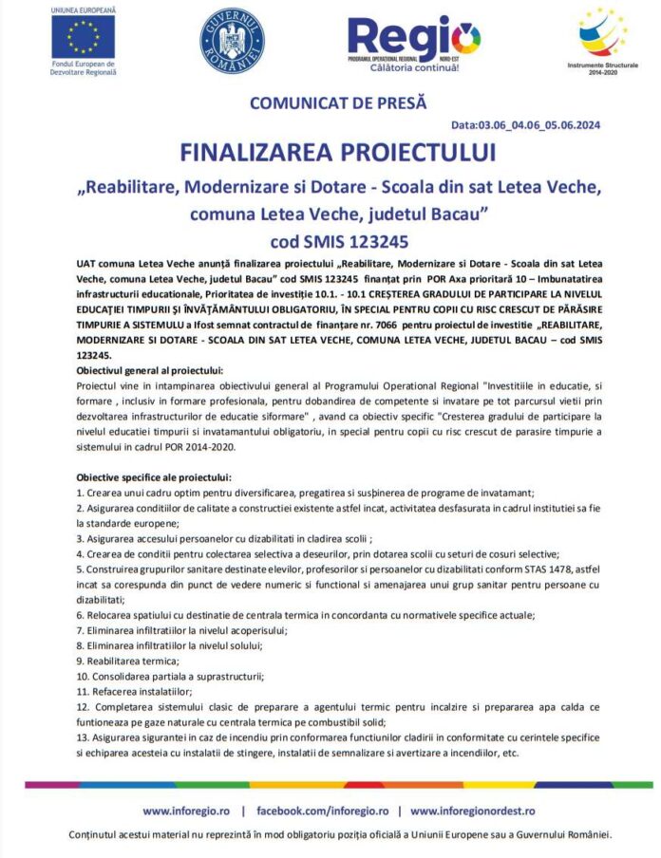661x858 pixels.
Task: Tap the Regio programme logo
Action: [x=414, y=38]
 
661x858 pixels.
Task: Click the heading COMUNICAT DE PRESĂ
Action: [x=338, y=103]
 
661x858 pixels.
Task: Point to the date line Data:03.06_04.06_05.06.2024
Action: [x=525, y=124]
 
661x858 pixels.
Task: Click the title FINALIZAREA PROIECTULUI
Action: [x=338, y=153]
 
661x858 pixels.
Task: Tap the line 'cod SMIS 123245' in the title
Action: [x=338, y=239]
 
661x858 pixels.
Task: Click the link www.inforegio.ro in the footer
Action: [x=185, y=811]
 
